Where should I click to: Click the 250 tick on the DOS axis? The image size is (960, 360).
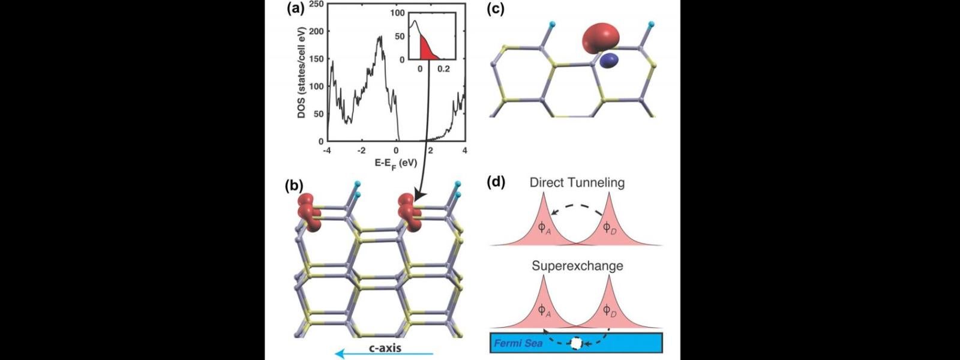coord(316,5)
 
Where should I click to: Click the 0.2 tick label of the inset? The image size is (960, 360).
coord(444,69)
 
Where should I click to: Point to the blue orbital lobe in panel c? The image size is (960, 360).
coord(609,59)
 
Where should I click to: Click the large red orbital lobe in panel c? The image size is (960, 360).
coord(602,37)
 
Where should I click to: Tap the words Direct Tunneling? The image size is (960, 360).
coord(577,182)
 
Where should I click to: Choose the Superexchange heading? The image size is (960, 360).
coord(577,265)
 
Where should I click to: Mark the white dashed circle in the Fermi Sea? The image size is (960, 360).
coord(576,343)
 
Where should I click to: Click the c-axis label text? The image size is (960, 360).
coord(385,347)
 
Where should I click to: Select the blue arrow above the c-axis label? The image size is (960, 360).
coord(384,355)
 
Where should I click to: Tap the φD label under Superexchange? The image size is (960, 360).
coord(610,310)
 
